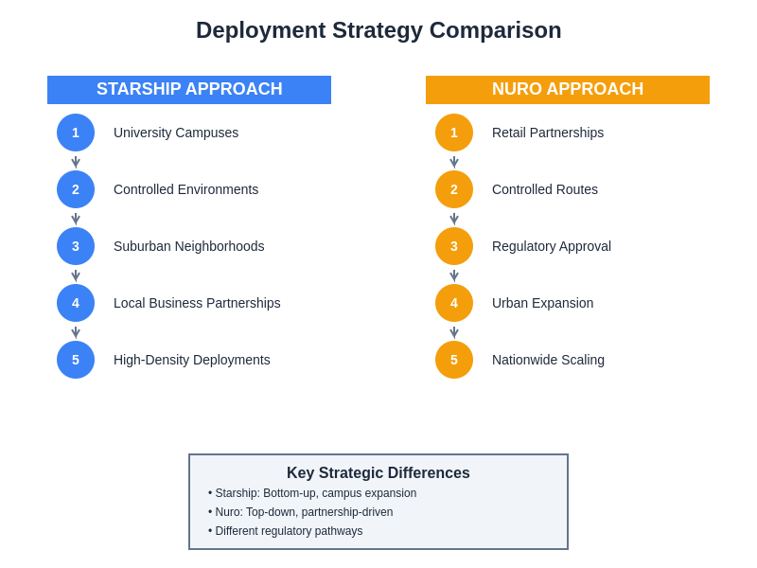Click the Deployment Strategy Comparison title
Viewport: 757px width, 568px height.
click(378, 30)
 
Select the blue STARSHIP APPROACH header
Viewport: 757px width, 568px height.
click(189, 90)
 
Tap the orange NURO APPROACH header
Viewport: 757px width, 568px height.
click(568, 90)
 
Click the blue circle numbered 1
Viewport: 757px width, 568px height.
click(76, 133)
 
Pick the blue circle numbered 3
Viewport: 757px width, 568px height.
click(76, 246)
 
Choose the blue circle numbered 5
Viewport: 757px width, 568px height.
click(76, 360)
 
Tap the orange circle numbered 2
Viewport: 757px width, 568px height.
click(454, 189)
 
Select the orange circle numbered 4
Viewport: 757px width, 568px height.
click(454, 303)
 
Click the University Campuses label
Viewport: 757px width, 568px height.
click(176, 133)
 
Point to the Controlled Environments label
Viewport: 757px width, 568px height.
click(185, 189)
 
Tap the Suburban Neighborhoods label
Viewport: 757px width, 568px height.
click(189, 246)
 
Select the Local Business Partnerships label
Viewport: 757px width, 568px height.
click(197, 303)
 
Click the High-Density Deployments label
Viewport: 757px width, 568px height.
click(192, 360)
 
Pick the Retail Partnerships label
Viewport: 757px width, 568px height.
click(548, 133)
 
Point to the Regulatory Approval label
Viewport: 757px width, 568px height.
click(552, 246)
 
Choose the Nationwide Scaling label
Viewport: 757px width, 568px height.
click(548, 360)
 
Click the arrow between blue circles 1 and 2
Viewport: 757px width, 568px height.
click(76, 162)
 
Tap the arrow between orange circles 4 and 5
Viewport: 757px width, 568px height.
click(454, 332)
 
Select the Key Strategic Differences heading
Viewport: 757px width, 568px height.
click(378, 473)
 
